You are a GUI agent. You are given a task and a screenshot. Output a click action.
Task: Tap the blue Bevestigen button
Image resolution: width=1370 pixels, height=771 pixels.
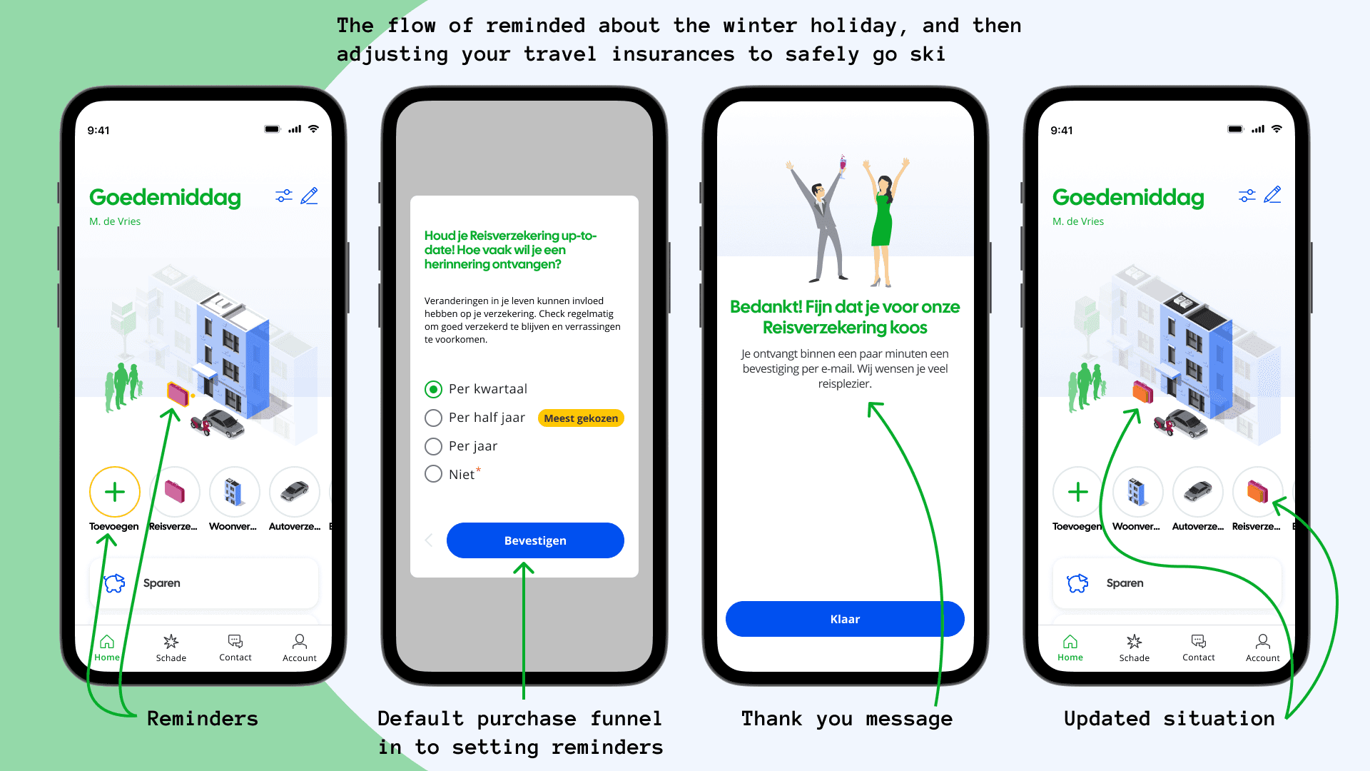[535, 540]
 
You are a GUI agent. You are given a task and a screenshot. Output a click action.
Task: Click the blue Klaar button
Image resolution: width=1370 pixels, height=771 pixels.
[845, 619]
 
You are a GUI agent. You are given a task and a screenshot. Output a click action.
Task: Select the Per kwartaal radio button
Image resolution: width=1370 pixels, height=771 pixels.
[433, 389]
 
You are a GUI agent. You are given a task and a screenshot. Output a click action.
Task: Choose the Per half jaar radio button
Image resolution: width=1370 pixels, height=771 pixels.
[433, 418]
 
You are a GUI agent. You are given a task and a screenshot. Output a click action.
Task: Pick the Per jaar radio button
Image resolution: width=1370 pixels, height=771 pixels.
[433, 446]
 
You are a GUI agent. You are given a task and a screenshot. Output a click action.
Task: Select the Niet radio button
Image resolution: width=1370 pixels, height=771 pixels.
[433, 474]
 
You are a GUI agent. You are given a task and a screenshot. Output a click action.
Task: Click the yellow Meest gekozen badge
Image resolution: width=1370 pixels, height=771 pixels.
[581, 418]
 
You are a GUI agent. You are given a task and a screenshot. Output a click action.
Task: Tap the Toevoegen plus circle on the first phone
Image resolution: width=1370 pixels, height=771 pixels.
[115, 492]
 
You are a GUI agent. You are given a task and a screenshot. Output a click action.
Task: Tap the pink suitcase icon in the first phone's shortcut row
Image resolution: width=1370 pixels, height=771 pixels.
[175, 492]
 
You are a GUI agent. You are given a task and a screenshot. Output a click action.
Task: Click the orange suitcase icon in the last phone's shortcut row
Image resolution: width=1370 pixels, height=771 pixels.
[1257, 492]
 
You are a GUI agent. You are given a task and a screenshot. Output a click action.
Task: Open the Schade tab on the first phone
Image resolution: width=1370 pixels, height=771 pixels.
[171, 647]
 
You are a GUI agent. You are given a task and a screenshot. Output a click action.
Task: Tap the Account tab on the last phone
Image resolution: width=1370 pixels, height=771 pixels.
[1262, 647]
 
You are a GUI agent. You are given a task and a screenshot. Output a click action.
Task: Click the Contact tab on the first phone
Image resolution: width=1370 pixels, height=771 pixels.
[235, 647]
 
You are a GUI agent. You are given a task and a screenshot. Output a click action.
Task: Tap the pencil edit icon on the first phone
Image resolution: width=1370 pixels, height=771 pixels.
[310, 196]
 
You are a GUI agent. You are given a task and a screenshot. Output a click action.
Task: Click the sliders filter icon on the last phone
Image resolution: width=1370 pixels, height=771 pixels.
[1247, 196]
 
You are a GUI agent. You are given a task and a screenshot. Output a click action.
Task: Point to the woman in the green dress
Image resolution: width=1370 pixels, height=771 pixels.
[883, 221]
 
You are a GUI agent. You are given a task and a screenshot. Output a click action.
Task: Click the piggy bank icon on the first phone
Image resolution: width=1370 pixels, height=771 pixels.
[115, 583]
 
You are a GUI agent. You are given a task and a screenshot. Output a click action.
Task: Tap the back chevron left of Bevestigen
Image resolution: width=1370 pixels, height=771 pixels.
[429, 540]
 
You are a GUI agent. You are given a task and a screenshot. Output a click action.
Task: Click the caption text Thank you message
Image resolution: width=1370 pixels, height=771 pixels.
[846, 719]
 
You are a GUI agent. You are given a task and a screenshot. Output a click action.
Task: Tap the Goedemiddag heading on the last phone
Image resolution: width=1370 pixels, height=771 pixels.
[1128, 197]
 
